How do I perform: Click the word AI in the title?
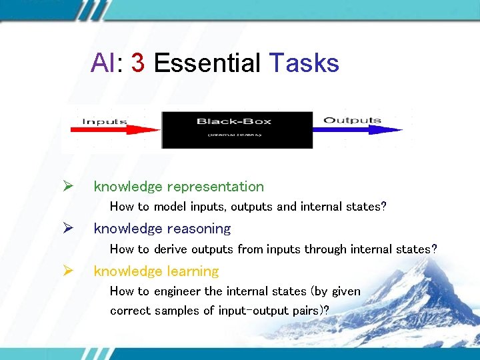click(x=103, y=63)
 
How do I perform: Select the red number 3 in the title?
click(x=138, y=63)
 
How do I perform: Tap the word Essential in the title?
click(x=207, y=63)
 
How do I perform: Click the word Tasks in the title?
click(x=304, y=63)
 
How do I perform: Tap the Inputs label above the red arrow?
click(x=105, y=121)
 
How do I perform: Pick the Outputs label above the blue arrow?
click(x=352, y=121)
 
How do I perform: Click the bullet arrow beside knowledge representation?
click(x=67, y=187)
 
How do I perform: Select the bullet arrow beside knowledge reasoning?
click(x=67, y=229)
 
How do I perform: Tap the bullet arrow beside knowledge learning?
click(x=67, y=271)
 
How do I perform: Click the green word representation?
click(x=215, y=187)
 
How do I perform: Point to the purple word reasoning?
click(x=199, y=229)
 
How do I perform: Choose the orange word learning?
click(x=193, y=271)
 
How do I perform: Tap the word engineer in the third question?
click(x=177, y=291)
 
